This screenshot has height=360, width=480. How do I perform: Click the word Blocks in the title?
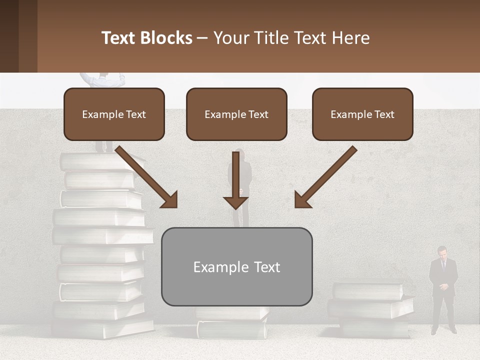point(167,38)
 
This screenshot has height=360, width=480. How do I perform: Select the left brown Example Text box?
point(114,114)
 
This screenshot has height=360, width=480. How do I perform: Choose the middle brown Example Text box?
point(236,114)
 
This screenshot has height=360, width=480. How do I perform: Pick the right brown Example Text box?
point(362,114)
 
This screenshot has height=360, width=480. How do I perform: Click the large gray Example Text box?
point(236,266)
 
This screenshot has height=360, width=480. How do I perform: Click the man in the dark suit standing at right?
point(443,290)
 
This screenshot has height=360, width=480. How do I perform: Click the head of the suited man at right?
point(442,251)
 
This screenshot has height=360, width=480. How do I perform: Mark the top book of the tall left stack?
point(100,161)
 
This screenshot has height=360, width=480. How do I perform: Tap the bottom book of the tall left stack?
point(102,329)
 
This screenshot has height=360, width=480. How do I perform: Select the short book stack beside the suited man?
point(370,307)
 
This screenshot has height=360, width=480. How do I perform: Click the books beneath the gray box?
point(232,322)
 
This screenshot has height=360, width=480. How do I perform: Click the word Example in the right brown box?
point(349,114)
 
